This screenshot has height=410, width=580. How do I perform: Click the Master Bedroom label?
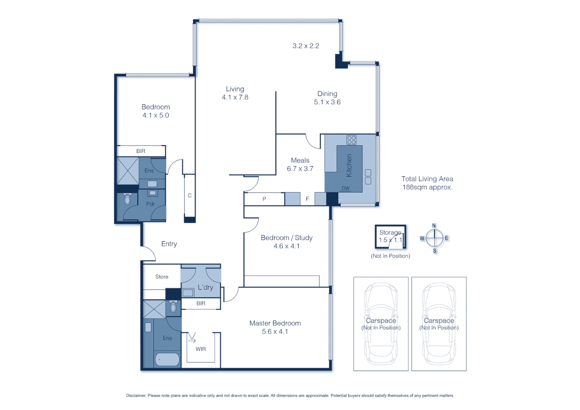coord(275,323)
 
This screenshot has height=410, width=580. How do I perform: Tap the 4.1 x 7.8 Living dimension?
coord(235,97)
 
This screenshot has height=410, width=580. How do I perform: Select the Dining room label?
coord(327,94)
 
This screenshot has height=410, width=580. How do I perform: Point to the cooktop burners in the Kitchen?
coord(351,140)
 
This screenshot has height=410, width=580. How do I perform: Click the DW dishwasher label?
coord(345,188)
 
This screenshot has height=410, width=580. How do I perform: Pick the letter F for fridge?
coord(307,199)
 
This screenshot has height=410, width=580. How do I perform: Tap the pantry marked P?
coord(264,199)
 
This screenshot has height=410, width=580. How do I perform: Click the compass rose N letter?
coord(434,225)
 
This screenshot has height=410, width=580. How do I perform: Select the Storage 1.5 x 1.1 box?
coord(390,237)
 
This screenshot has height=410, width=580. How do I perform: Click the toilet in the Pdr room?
coord(128,199)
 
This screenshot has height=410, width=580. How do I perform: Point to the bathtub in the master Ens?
coord(167,359)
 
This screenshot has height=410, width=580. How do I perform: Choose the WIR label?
coord(201,349)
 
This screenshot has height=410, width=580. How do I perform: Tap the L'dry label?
coord(205,287)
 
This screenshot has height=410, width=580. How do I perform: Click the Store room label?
coord(162,277)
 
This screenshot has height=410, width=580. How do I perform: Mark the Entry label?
coord(169,244)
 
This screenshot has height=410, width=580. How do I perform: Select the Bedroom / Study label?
coord(287,238)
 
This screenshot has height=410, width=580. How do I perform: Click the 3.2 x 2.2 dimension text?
coord(306,46)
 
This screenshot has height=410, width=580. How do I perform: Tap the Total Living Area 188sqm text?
coord(427,183)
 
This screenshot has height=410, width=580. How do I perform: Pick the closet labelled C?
coord(190,196)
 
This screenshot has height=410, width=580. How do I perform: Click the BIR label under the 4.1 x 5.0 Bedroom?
coord(141,151)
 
